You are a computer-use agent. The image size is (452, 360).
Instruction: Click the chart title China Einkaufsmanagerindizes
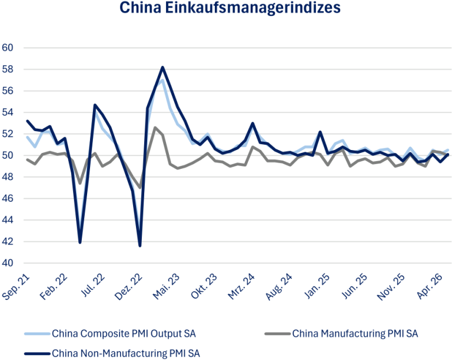[230, 8]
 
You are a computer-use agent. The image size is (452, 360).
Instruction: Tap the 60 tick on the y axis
[8, 48]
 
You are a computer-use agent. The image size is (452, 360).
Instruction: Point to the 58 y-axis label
[8, 69]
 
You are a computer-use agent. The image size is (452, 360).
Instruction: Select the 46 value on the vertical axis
[8, 198]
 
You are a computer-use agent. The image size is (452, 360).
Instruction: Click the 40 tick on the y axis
[8, 263]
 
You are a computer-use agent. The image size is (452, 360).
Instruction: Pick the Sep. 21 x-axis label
[16, 286]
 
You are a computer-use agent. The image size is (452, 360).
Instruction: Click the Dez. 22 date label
[128, 286]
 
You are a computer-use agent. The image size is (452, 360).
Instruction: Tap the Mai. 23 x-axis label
[166, 286]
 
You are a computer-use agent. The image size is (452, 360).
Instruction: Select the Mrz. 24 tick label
[241, 286]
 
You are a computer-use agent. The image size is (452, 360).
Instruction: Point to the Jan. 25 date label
[317, 286]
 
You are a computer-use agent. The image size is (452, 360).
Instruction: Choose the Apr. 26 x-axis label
[429, 286]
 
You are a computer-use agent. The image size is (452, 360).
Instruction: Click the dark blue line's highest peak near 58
[162, 68]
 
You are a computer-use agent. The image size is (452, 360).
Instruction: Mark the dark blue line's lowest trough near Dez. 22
[140, 246]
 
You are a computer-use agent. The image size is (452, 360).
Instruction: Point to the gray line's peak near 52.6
[155, 127]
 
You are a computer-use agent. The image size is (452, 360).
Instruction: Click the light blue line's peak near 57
[162, 80]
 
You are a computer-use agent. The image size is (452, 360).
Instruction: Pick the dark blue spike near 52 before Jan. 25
[320, 132]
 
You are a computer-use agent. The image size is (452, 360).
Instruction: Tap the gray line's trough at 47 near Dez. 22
[140, 188]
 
